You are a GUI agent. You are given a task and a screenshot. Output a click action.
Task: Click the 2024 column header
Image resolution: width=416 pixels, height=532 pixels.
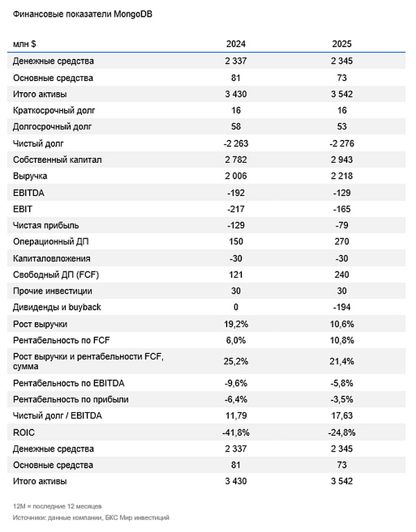coord(236,44)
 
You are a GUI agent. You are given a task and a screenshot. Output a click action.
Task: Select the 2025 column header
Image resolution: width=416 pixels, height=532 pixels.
coord(343,44)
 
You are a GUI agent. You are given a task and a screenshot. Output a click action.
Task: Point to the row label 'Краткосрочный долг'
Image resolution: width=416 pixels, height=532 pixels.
coord(52,111)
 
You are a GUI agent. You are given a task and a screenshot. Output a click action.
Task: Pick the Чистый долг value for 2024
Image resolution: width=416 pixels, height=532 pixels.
coord(236,143)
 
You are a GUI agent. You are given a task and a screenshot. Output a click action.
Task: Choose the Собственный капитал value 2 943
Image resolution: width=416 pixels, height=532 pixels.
coord(343,160)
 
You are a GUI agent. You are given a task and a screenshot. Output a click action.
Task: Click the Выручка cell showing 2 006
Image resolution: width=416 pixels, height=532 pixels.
coord(236,177)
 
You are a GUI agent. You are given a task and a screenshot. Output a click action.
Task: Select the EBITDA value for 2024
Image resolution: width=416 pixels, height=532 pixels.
coord(236,193)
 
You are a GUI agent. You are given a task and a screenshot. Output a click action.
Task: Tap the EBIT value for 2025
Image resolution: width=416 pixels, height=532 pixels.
coord(343,209)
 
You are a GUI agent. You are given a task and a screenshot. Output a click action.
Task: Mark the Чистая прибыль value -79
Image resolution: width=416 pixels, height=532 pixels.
coord(343,226)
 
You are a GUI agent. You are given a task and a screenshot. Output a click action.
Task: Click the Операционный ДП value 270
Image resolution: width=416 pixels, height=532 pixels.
coord(343,242)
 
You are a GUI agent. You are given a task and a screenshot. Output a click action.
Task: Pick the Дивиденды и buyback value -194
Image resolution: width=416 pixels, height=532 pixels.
coord(343,308)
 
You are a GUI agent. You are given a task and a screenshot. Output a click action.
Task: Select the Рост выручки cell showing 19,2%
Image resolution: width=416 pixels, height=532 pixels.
coord(236,324)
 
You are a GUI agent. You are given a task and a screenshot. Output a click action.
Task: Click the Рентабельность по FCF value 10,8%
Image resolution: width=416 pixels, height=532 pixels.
coord(343,340)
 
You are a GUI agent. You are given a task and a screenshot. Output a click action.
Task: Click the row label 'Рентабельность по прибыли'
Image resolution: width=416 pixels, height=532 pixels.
coord(71,399)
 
